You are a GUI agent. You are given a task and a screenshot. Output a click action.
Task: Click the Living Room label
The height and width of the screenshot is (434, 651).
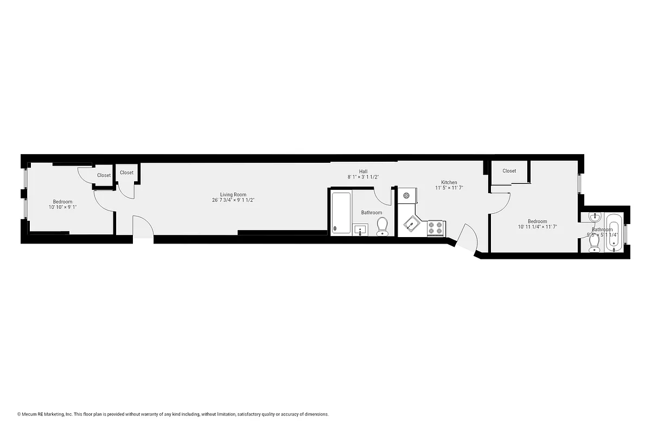point(233,195)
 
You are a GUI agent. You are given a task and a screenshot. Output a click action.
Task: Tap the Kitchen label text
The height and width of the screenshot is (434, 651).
point(449,182)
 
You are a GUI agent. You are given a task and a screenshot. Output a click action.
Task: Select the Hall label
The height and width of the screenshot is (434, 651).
point(363,171)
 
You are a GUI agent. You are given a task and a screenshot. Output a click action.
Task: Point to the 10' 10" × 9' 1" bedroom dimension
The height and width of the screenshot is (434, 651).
point(62,207)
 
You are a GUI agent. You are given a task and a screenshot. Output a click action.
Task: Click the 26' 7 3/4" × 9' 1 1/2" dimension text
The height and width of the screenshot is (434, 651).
point(233,200)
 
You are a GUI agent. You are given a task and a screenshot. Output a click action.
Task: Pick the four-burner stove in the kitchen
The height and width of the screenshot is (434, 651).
point(436,227)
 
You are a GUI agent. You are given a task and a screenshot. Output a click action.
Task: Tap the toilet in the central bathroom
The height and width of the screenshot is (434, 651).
point(382,226)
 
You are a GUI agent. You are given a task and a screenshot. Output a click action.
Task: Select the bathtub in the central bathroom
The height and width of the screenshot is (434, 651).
point(341,213)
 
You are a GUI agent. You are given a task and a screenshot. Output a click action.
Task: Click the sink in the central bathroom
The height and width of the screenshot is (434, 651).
point(361,230)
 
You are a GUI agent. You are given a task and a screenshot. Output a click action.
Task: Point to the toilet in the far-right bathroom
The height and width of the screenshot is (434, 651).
point(594,247)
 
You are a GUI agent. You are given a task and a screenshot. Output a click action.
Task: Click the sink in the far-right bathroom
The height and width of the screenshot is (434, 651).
point(595,217)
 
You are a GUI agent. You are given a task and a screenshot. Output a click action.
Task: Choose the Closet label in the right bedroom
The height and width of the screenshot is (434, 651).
point(509,171)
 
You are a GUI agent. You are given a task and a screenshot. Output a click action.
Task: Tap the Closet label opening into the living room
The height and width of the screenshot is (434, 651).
point(126,173)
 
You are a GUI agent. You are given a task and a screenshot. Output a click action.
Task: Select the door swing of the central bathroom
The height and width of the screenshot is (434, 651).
point(383,196)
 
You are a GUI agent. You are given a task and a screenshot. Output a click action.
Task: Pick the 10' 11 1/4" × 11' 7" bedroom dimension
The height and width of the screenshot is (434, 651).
point(537,227)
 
